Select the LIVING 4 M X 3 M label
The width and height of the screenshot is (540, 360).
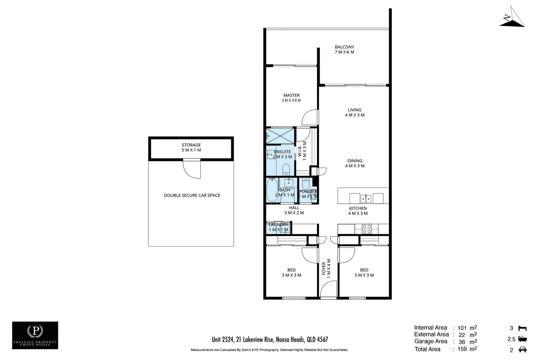click(x=355, y=112)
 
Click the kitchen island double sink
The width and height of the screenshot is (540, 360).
click(x=366, y=199)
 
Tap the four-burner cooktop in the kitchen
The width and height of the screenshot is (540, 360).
click(x=367, y=229)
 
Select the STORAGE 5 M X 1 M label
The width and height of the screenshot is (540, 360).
click(x=191, y=147)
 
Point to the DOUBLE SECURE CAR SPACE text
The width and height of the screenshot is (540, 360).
click(x=192, y=195)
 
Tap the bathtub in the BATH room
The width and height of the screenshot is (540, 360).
click(x=272, y=190)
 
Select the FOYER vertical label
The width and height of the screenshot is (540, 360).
click(x=326, y=269)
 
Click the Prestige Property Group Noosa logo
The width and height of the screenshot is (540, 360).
click(x=35, y=335)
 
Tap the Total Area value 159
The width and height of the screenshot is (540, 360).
click(x=462, y=349)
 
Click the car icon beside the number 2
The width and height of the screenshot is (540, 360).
click(x=523, y=350)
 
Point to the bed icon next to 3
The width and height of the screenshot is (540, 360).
click(x=523, y=328)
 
